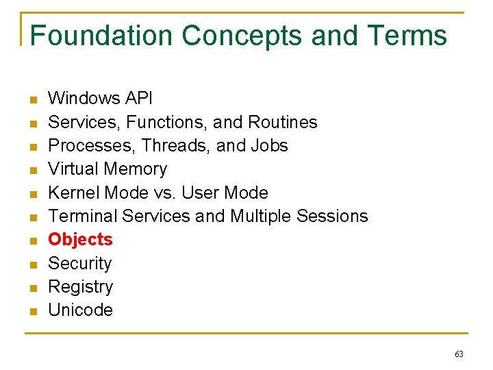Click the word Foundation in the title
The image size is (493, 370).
[x=102, y=36]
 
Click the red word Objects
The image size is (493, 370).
[x=80, y=240]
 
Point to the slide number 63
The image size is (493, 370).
[x=459, y=354]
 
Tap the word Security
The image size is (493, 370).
[x=79, y=264]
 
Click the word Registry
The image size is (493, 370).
[x=80, y=287]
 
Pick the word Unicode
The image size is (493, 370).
[x=80, y=310]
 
